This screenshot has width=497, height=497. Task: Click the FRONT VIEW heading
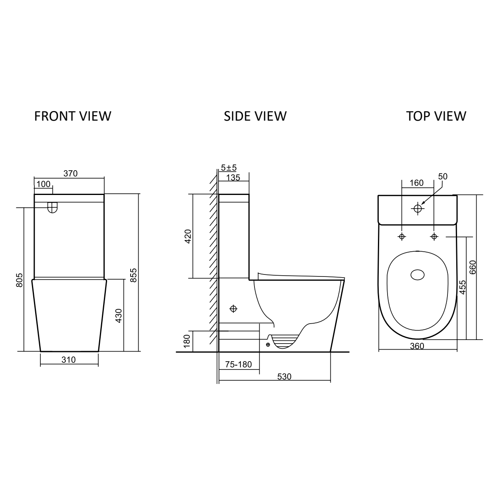(x=73, y=116)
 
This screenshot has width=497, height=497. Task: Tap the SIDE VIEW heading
(x=255, y=116)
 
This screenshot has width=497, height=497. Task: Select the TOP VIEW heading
(x=436, y=116)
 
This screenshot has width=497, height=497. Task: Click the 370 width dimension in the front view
(x=70, y=173)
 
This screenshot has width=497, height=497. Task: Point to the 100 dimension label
(x=43, y=184)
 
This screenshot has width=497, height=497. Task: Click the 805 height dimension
(x=19, y=280)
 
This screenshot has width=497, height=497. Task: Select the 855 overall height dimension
(x=133, y=275)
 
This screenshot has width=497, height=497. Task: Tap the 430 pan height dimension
(x=119, y=316)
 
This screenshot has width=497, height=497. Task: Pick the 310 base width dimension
(x=69, y=360)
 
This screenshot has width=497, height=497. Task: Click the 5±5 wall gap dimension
(x=229, y=168)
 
